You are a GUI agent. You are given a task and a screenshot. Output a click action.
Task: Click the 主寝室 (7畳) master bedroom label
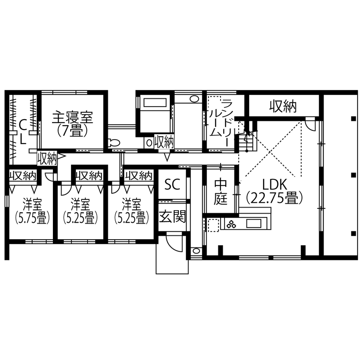(72, 123)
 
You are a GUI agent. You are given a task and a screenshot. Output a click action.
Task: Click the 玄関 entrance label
(172, 216)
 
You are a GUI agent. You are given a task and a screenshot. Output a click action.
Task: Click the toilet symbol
(114, 143)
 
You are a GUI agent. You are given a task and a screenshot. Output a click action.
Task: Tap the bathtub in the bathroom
(155, 103)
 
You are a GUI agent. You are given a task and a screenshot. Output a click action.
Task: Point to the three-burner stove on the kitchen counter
(231, 224)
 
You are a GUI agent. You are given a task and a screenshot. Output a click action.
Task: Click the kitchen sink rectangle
(255, 224)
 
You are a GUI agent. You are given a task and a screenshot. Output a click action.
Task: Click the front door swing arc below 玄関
(173, 243)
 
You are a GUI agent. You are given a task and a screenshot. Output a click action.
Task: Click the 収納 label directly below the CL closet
(47, 158)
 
